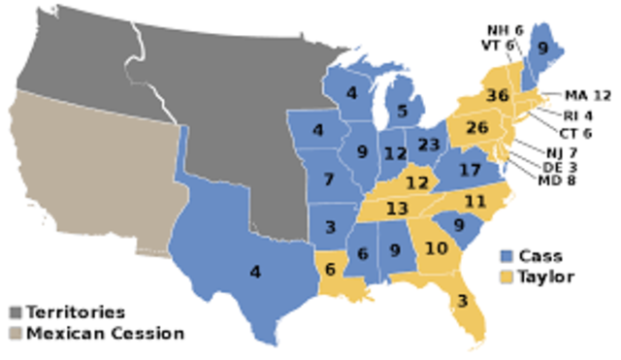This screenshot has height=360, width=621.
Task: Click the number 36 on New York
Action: pyautogui.click(x=499, y=96)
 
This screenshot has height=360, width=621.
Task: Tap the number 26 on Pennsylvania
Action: pyautogui.click(x=475, y=128)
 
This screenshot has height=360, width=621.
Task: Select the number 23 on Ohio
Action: pyautogui.click(x=428, y=146)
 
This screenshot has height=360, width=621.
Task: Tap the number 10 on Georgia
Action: pyautogui.click(x=436, y=248)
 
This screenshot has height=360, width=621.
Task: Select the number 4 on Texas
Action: pyautogui.click(x=255, y=273)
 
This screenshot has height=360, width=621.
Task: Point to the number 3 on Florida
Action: pyautogui.click(x=464, y=300)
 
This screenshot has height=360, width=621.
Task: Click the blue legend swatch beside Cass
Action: pyautogui.click(x=505, y=257)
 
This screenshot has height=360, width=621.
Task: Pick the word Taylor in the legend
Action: pyautogui.click(x=547, y=277)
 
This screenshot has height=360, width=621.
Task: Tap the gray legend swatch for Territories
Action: pyautogui.click(x=16, y=312)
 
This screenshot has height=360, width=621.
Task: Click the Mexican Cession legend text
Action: pyautogui.click(x=105, y=334)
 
